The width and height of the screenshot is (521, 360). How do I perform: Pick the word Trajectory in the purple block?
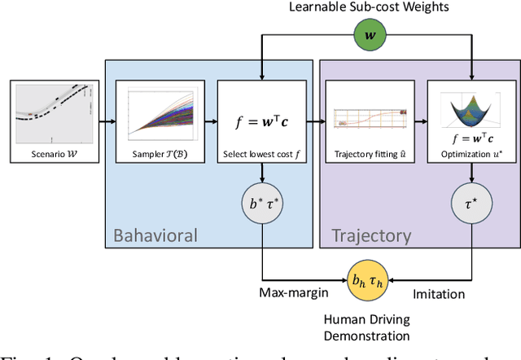pos(371,236)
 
